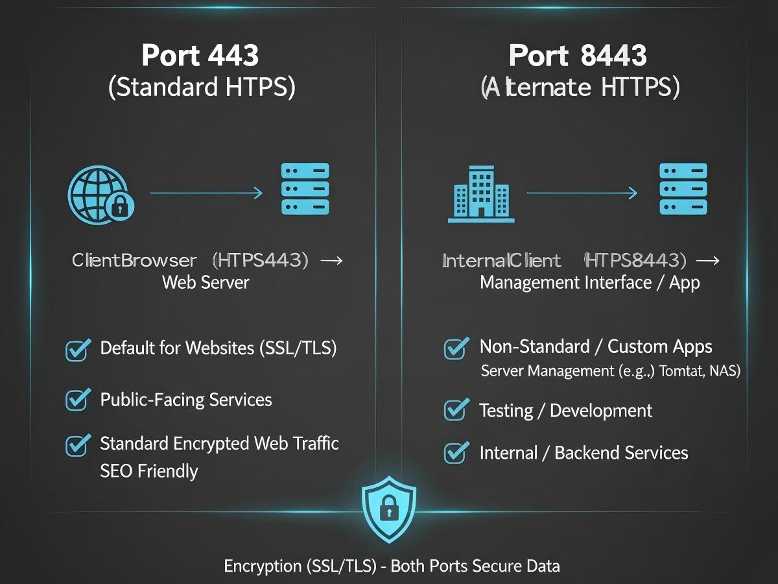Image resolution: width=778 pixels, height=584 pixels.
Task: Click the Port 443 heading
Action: (200, 56)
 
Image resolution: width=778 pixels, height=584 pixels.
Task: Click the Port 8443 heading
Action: (578, 56)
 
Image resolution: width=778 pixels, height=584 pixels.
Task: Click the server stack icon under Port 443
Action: (305, 189)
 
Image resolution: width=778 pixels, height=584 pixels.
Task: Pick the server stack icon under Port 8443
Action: (683, 189)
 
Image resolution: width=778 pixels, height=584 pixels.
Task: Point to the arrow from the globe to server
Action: (206, 193)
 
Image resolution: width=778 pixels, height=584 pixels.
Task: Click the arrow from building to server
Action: (582, 193)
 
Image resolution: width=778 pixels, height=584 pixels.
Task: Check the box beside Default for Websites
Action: (78, 350)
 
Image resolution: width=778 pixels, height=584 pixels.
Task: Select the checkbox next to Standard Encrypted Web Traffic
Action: (78, 445)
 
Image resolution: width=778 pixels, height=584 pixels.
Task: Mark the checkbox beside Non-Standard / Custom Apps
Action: (456, 348)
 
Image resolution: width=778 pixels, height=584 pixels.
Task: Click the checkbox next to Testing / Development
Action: (456, 411)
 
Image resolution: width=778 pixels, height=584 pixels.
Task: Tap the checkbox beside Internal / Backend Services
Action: (456, 452)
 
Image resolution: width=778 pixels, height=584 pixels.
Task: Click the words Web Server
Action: (206, 283)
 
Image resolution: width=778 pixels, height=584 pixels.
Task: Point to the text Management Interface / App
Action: (589, 283)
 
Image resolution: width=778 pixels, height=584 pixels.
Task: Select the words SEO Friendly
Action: (149, 470)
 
